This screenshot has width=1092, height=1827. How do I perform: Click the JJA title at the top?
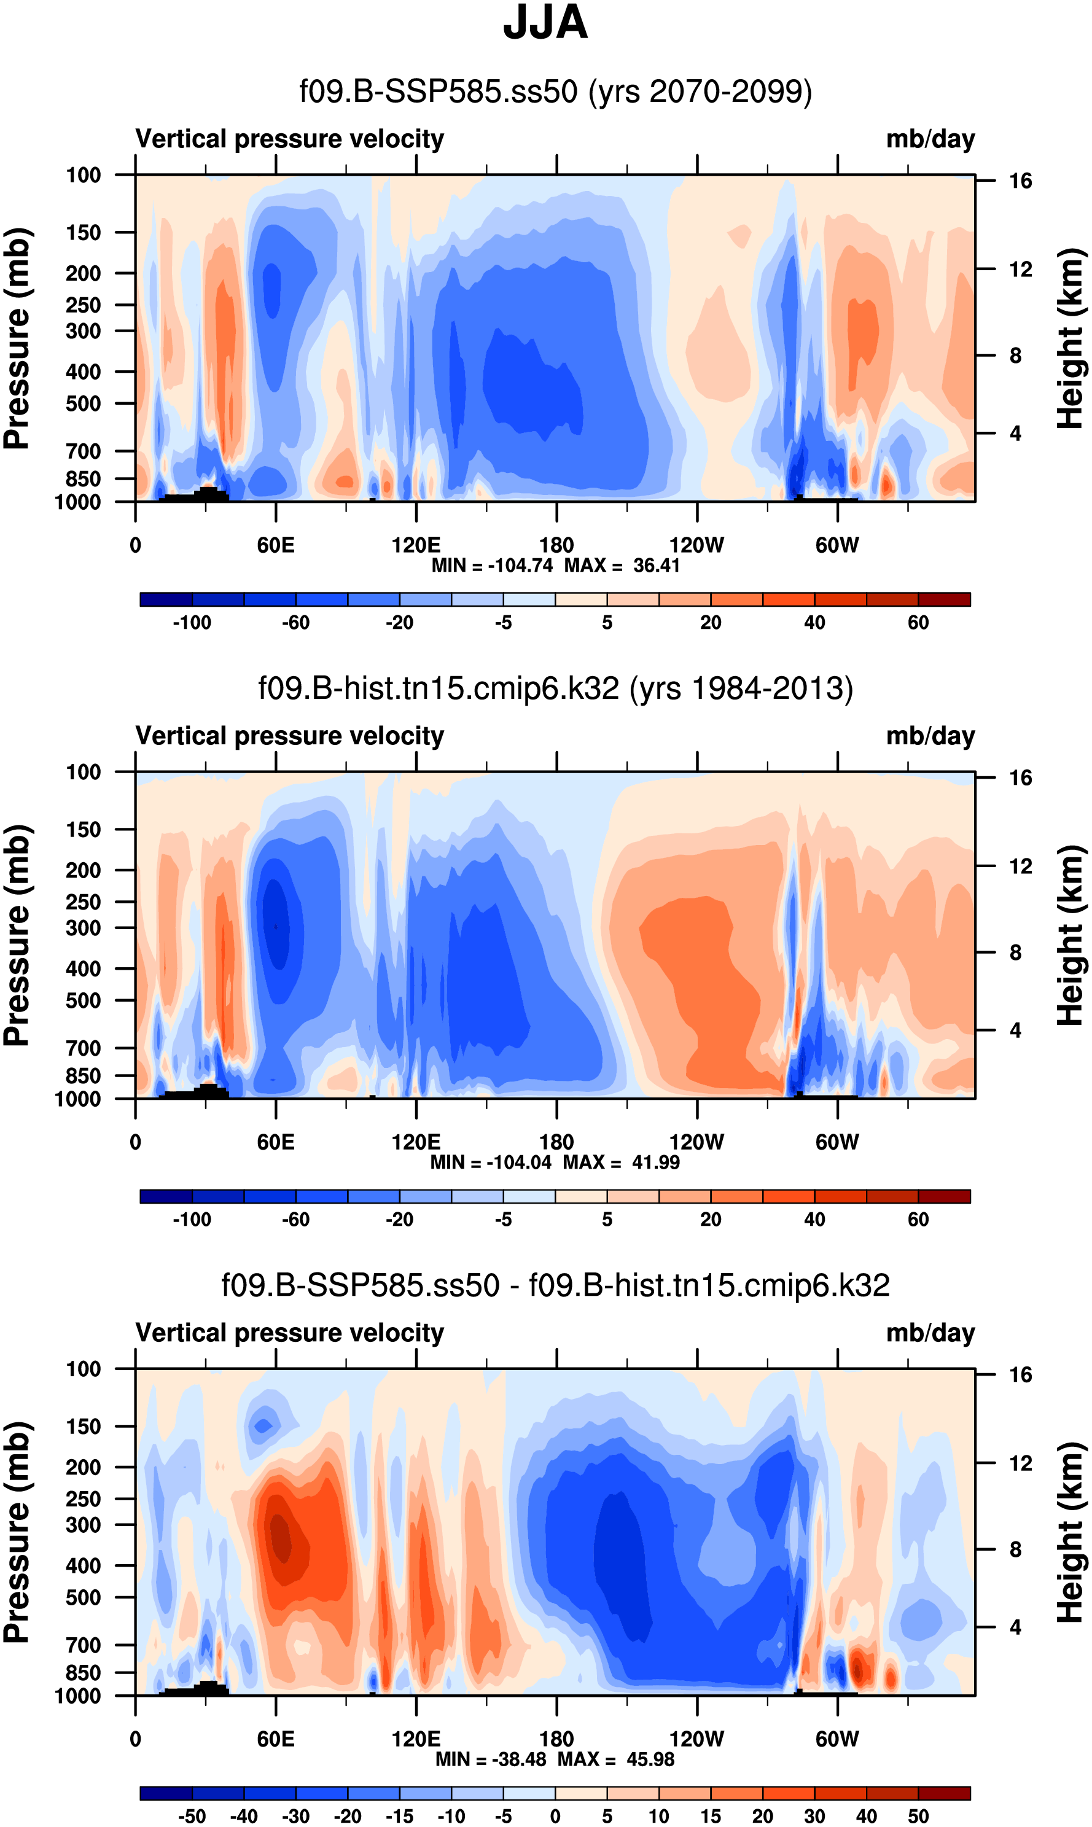coord(545,23)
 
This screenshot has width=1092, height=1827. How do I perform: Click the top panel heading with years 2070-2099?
coord(556,92)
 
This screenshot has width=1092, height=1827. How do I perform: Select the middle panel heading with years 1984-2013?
coord(556,688)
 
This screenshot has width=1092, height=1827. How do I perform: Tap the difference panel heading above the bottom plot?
coord(556,1285)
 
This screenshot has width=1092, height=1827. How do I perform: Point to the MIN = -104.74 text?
coord(491,566)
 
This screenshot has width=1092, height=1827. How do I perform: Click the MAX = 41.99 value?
coord(621,1163)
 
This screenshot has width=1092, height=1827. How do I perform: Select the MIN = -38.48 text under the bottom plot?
coord(491,1759)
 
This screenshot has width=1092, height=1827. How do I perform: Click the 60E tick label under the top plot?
coord(276,545)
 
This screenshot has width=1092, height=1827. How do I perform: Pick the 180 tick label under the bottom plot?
coord(556,1739)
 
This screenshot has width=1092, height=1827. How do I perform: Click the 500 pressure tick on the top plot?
coord(83,404)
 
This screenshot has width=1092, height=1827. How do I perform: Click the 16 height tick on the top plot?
coord(1020,181)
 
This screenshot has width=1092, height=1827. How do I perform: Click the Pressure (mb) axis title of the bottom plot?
coord(16,1533)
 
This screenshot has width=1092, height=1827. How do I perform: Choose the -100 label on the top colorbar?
coord(192,623)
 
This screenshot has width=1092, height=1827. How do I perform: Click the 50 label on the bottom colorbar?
coord(918,1817)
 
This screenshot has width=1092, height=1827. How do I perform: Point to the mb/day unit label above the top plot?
coord(930,139)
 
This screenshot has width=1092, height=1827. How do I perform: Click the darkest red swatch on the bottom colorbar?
coord(944,1793)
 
